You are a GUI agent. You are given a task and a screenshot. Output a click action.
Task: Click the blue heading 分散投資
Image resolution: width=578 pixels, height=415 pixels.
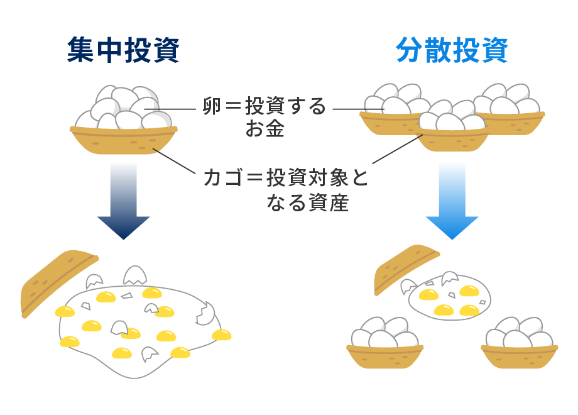point(452,51)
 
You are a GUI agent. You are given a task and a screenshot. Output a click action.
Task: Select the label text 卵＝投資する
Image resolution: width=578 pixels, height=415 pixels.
point(264,107)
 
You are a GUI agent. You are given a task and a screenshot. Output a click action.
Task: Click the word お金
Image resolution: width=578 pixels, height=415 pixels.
point(264,130)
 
